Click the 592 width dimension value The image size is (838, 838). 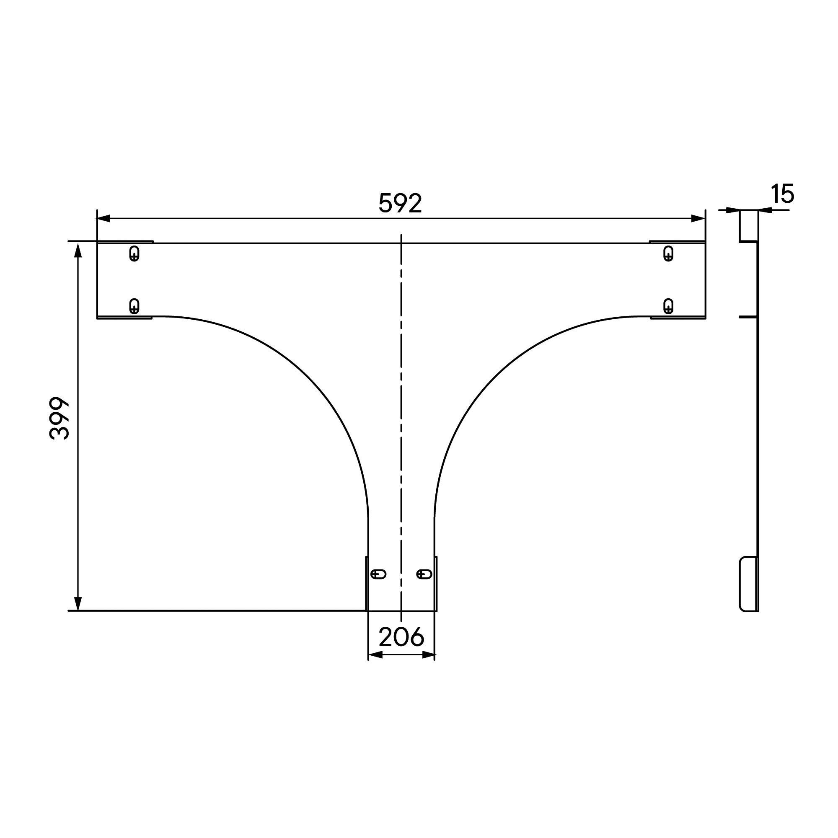tap(400, 203)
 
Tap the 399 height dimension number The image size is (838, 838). tap(59, 418)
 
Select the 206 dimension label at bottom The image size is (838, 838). tap(401, 637)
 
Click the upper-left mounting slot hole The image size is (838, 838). tap(134, 253)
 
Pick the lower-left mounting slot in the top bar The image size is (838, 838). tap(134, 306)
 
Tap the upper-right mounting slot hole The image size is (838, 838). tap(668, 253)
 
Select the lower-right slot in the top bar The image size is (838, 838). tap(668, 306)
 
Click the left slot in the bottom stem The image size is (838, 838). tap(378, 574)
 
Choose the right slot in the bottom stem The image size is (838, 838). tap(424, 574)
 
